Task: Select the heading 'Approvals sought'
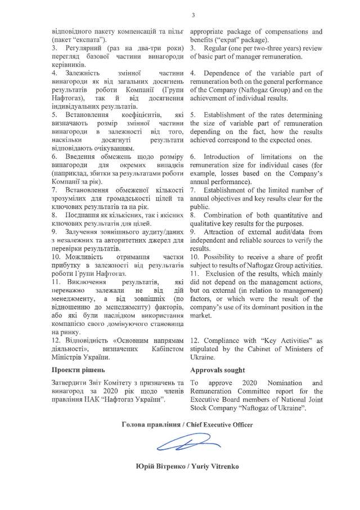click(218, 370)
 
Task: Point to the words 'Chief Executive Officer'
click(223, 423)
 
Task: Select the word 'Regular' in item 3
click(217, 48)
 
